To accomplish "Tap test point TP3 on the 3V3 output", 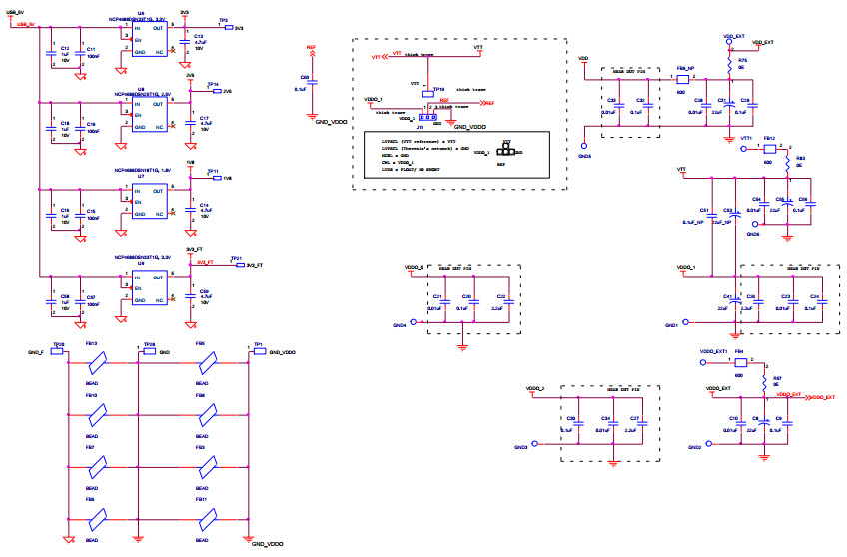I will (x=224, y=27).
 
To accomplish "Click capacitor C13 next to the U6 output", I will (x=184, y=41).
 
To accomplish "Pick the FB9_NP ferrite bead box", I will (x=685, y=79).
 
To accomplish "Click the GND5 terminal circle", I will (x=585, y=147).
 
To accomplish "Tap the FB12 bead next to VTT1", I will (x=768, y=147).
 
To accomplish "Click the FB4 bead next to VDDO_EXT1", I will (x=739, y=362).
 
